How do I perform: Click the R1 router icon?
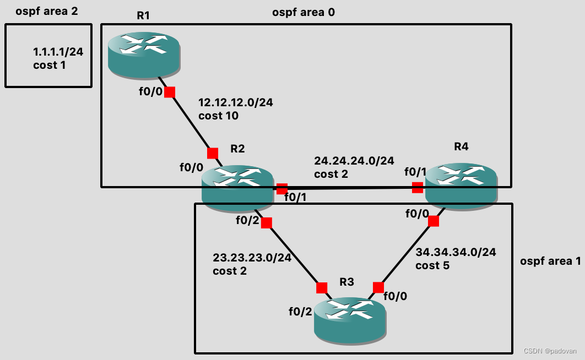(x=143, y=53)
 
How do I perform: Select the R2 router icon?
(x=237, y=187)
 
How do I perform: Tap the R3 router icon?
(x=350, y=317)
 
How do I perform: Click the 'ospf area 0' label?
(x=304, y=13)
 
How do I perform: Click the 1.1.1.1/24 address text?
(x=58, y=53)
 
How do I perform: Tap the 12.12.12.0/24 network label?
(x=235, y=102)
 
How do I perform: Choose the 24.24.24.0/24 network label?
(x=354, y=161)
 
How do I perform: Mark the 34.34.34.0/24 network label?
(x=456, y=252)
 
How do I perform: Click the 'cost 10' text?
(x=218, y=117)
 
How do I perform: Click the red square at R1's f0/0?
(x=170, y=92)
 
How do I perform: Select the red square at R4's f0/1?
(x=418, y=188)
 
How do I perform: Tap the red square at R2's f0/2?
(x=266, y=223)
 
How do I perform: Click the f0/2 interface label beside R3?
(x=300, y=312)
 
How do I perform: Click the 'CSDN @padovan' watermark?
(x=550, y=350)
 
